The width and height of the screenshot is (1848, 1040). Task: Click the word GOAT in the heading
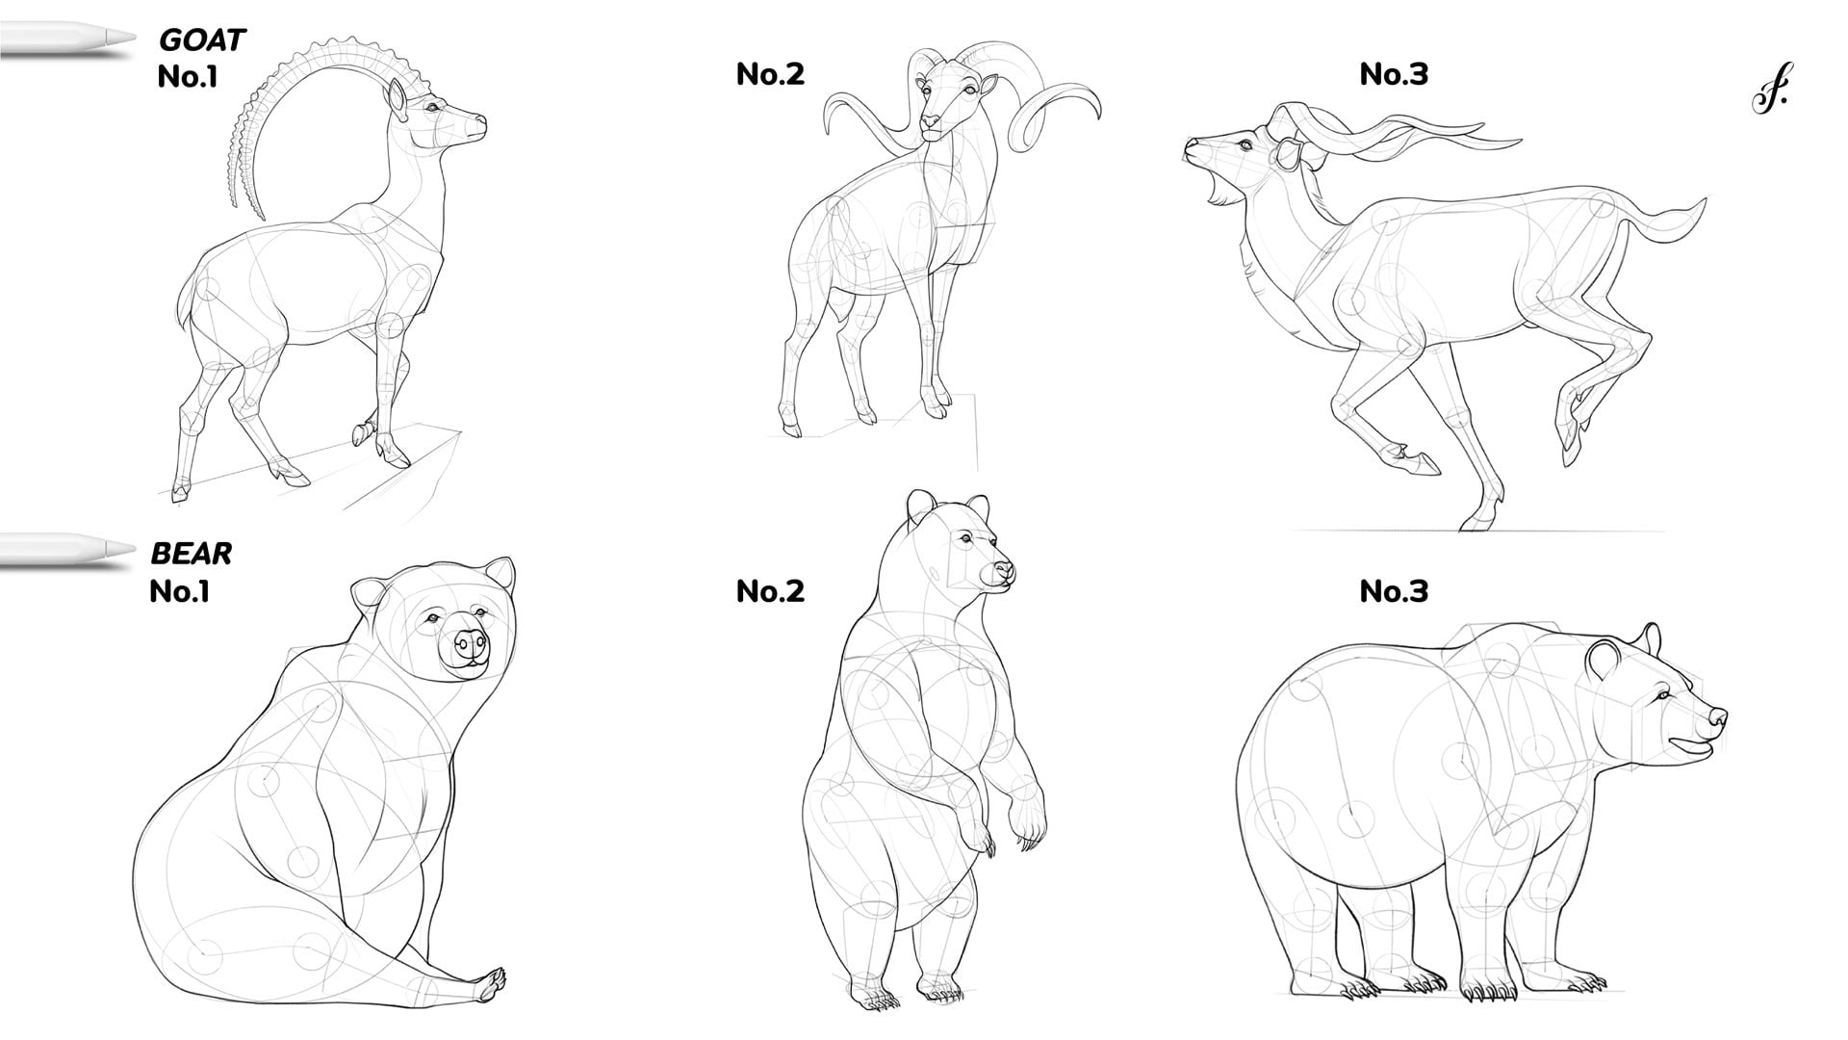(x=202, y=40)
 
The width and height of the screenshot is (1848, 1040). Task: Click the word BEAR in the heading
(x=192, y=554)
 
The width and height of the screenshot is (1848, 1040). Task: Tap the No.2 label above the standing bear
(x=770, y=590)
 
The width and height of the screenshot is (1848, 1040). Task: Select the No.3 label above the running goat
(x=1394, y=73)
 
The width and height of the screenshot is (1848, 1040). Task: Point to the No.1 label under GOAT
(x=188, y=76)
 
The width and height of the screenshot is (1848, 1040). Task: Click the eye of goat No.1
(x=432, y=107)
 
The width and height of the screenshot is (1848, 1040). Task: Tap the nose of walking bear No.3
(x=1716, y=717)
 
